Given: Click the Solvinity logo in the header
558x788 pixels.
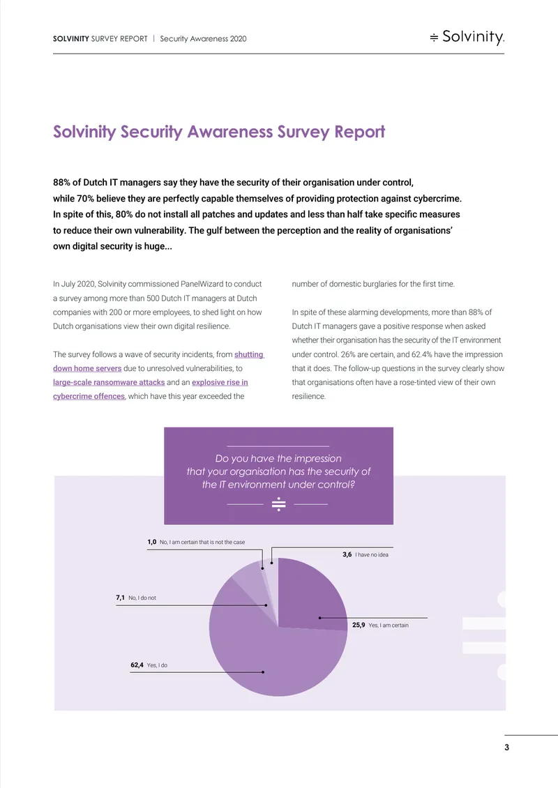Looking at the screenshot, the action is [467, 37].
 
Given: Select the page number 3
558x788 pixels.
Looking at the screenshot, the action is [506, 748].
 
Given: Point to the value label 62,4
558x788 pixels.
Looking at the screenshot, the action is [137, 665].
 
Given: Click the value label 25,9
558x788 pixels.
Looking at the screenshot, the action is [359, 626].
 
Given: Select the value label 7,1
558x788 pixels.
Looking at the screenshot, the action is [120, 598].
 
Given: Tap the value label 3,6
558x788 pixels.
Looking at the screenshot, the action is [347, 555].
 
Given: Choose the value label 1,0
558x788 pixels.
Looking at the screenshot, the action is [152, 542].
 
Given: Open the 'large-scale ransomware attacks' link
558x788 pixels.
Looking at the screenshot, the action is [109, 382].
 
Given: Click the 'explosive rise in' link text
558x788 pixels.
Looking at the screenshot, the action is [220, 382].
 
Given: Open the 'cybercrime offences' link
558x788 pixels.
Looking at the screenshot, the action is [89, 397].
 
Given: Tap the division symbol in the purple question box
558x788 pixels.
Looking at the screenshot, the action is [278, 503].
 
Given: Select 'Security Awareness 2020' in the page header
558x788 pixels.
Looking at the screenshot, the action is [203, 38].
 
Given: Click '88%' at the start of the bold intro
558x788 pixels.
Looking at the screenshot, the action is [62, 183].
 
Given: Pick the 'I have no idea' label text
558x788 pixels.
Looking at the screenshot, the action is [372, 555].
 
